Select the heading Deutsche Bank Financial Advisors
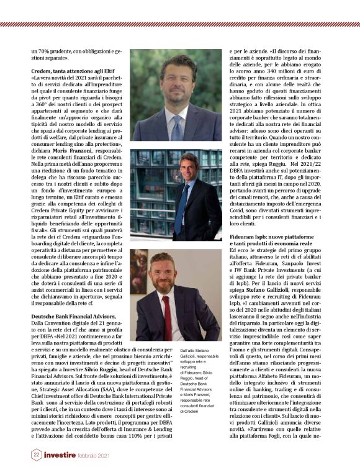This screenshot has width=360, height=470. [x=70, y=317]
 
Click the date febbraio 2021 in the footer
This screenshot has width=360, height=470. [x=92, y=456]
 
